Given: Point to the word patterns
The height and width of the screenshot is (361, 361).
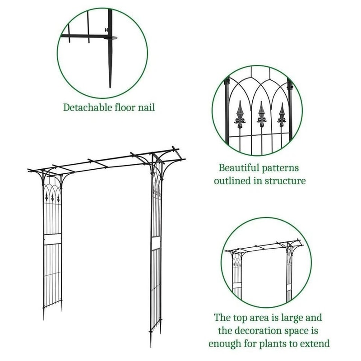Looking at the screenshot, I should pos(282,168).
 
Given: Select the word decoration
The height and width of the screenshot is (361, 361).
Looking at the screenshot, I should pos(260,331).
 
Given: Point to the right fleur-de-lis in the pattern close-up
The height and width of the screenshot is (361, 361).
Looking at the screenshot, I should pos(282,116).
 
